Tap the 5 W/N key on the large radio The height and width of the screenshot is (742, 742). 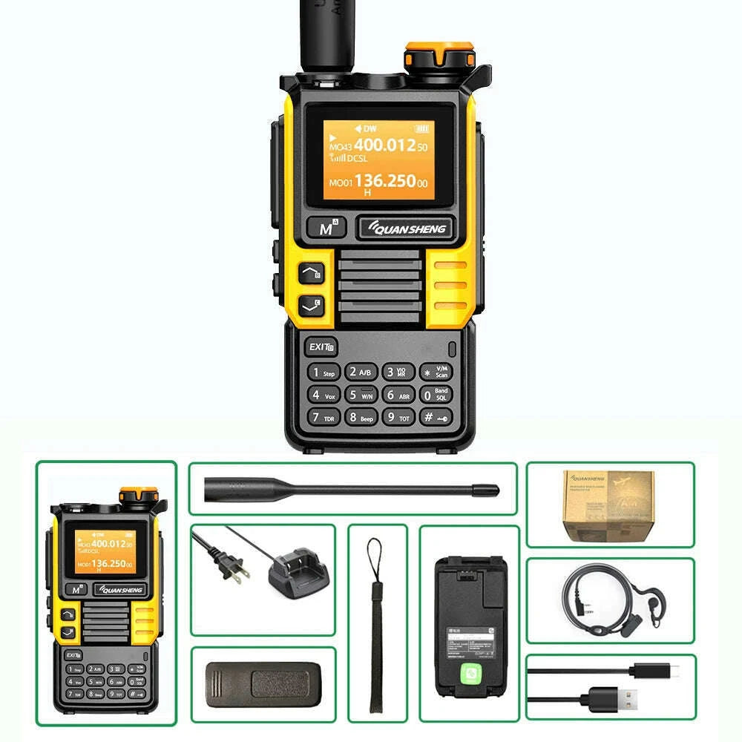point(361,395)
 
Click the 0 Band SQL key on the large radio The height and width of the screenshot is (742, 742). point(436,395)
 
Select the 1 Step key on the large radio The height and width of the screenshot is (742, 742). point(324,372)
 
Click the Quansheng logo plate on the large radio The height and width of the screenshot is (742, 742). point(405,229)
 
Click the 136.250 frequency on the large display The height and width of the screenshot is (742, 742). point(384,180)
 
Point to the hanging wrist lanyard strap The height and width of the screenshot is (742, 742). point(377,623)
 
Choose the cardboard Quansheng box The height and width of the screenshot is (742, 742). point(608,505)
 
